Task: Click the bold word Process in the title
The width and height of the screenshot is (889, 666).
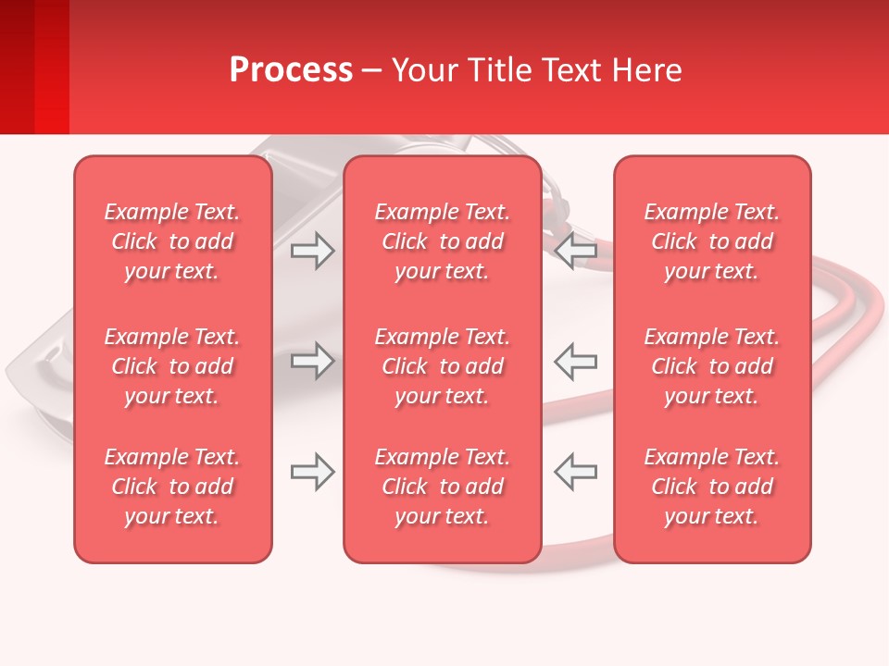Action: [x=291, y=70]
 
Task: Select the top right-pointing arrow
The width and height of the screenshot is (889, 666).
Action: [x=312, y=250]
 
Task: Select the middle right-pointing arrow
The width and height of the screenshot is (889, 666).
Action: [x=312, y=361]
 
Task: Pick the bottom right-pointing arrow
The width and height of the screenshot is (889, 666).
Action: [x=312, y=472]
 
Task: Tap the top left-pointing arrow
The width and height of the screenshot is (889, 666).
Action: [x=575, y=250]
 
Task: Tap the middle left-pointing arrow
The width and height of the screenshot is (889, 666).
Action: [x=575, y=361]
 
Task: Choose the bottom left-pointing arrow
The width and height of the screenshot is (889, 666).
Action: [x=575, y=472]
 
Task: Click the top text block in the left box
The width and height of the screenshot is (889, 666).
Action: [x=172, y=241]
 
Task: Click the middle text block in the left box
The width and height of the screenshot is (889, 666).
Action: [x=172, y=366]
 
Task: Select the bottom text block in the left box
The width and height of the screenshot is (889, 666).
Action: [x=172, y=487]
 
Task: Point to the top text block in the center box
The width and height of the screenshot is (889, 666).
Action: [x=442, y=241]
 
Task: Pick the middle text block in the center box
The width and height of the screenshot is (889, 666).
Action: [x=442, y=366]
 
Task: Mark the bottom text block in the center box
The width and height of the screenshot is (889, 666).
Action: [x=442, y=487]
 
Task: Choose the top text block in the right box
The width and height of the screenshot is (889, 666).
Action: [x=711, y=241]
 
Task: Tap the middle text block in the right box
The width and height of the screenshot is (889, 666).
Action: [x=711, y=366]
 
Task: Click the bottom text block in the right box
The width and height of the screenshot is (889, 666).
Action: [x=711, y=487]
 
